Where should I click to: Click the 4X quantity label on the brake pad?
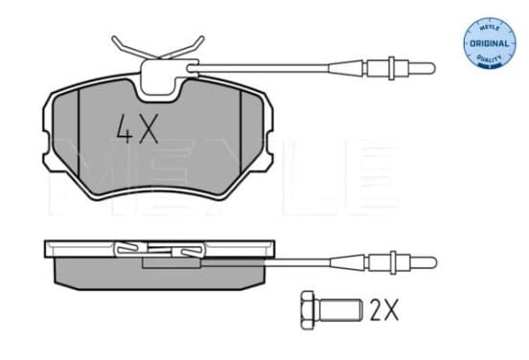coord(137,129)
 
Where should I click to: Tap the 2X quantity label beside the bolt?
coord(384,310)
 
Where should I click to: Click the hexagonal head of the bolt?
coord(308,310)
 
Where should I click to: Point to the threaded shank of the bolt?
coord(339,310)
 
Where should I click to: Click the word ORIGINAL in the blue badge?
coord(489,43)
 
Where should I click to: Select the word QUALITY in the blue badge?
coord(489,58)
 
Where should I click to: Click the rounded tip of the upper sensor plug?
coord(433,68)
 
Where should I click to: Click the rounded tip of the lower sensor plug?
coord(433,262)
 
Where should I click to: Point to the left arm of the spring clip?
coord(131,49)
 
